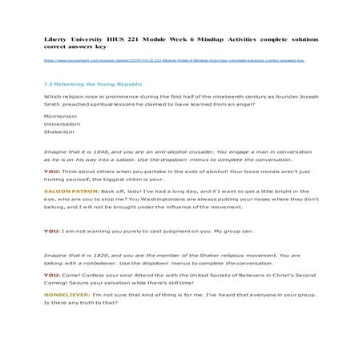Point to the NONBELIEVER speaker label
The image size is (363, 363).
pos(65,294)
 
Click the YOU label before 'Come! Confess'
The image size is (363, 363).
pos(52,276)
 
